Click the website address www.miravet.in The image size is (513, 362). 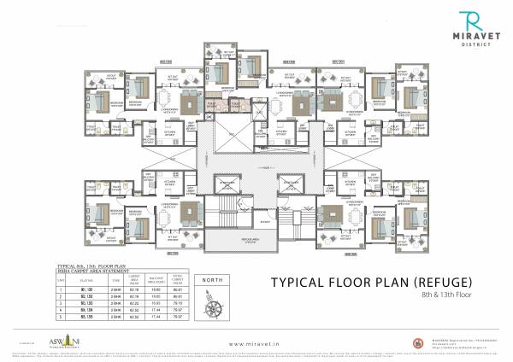[256, 336]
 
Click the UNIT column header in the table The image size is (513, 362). [61, 279]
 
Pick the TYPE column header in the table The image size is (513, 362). [115, 279]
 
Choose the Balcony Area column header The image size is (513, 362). [156, 279]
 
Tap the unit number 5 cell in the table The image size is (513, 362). [61, 316]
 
